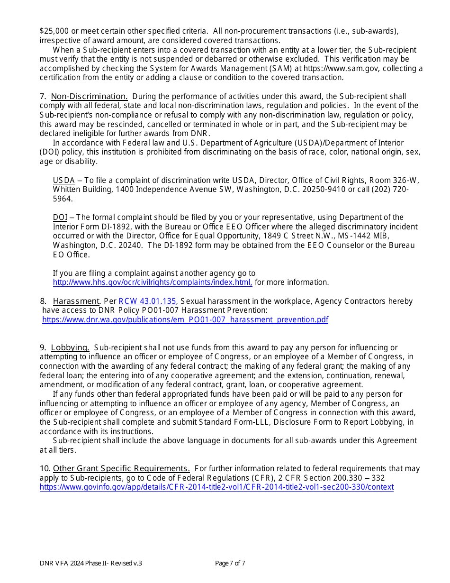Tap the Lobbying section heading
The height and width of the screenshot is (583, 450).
click(70, 348)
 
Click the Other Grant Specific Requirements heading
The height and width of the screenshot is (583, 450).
click(121, 469)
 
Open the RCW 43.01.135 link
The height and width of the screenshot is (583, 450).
click(147, 301)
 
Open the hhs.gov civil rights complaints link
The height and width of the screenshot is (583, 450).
click(152, 282)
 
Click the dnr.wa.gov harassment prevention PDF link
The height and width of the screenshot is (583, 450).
click(185, 320)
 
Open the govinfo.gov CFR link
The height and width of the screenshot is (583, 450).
click(216, 487)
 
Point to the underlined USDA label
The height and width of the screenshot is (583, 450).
click(63, 181)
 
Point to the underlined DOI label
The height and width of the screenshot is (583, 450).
click(60, 218)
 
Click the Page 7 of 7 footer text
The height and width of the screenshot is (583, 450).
click(230, 564)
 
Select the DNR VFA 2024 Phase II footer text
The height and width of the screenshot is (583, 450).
click(90, 564)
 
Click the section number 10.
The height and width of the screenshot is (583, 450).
click(45, 469)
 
